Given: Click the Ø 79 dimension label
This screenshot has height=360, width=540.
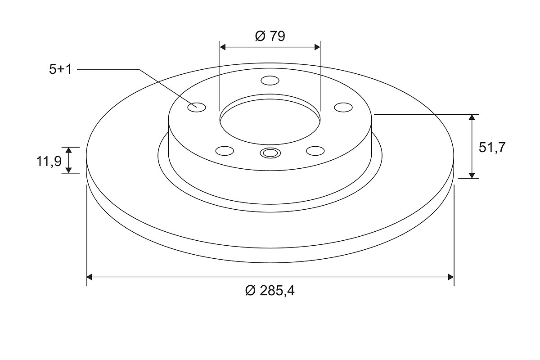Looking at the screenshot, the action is (x=270, y=36).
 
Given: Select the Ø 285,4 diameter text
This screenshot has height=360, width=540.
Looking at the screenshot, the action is (x=270, y=291).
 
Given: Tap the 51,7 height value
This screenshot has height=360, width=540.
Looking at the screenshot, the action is (x=492, y=147).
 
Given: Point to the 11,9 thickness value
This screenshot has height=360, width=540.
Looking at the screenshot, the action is (x=49, y=161).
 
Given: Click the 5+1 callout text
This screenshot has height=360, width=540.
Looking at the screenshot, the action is (x=60, y=69).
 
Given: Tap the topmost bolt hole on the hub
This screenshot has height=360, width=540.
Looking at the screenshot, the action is (x=270, y=81).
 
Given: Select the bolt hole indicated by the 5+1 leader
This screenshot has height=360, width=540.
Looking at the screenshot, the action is (x=197, y=107).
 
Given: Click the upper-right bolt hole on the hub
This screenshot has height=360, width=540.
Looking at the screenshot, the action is (x=343, y=107).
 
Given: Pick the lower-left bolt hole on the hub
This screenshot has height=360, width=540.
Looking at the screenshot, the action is (x=225, y=151).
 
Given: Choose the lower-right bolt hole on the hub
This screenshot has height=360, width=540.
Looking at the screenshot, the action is (x=315, y=151).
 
